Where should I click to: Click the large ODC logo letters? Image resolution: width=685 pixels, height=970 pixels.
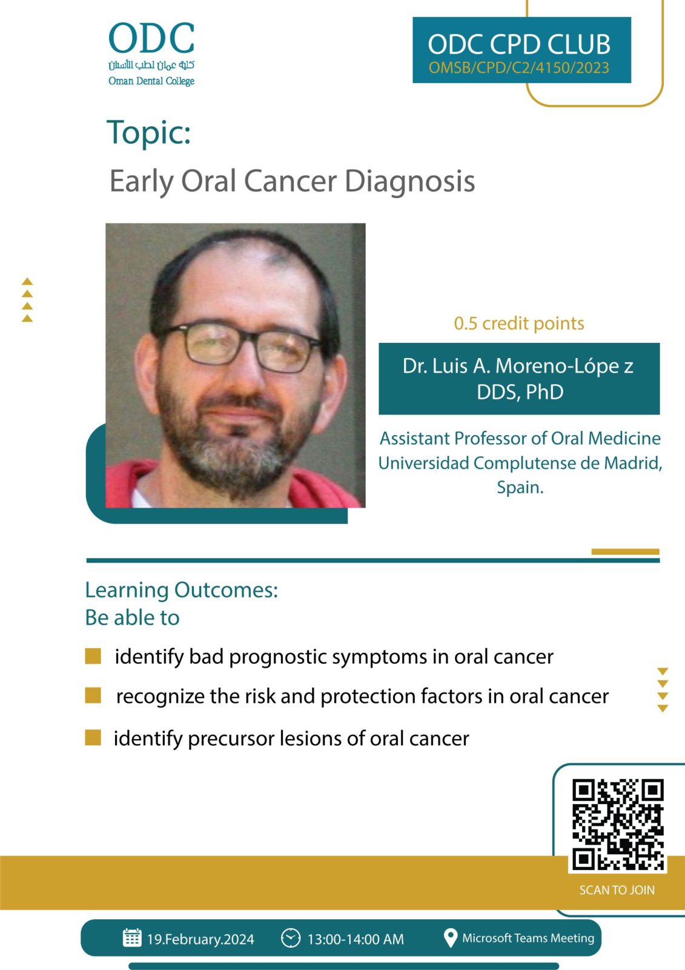click(x=151, y=38)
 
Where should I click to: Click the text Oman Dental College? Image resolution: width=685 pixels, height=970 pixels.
click(x=151, y=81)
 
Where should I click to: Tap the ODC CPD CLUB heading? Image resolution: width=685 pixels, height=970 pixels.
click(x=519, y=44)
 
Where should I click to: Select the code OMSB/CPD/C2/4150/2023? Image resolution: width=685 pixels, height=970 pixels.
click(x=518, y=67)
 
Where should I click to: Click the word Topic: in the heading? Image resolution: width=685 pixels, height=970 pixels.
click(x=148, y=132)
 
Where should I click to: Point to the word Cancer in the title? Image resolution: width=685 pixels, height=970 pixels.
click(x=290, y=181)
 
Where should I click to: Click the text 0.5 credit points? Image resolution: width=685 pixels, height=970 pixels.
click(x=518, y=324)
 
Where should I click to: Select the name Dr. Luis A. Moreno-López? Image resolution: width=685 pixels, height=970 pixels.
click(x=518, y=367)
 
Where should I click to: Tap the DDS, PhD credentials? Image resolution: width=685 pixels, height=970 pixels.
click(x=520, y=392)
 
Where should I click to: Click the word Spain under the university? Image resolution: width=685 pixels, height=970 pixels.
click(x=520, y=488)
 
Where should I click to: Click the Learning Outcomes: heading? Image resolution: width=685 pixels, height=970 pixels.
click(x=182, y=590)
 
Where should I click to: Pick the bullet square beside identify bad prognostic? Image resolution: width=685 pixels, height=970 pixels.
click(x=93, y=656)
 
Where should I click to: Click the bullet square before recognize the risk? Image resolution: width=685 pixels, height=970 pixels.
click(x=93, y=696)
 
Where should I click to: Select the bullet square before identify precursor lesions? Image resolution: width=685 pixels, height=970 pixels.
click(x=93, y=737)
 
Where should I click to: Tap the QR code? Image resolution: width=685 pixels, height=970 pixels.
click(x=617, y=825)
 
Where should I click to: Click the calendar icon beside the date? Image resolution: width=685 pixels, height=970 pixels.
click(x=132, y=938)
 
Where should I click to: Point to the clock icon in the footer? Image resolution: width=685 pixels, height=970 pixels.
click(x=291, y=938)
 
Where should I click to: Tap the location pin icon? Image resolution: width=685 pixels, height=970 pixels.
click(x=451, y=938)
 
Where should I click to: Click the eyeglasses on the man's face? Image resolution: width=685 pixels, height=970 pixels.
click(x=240, y=345)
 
